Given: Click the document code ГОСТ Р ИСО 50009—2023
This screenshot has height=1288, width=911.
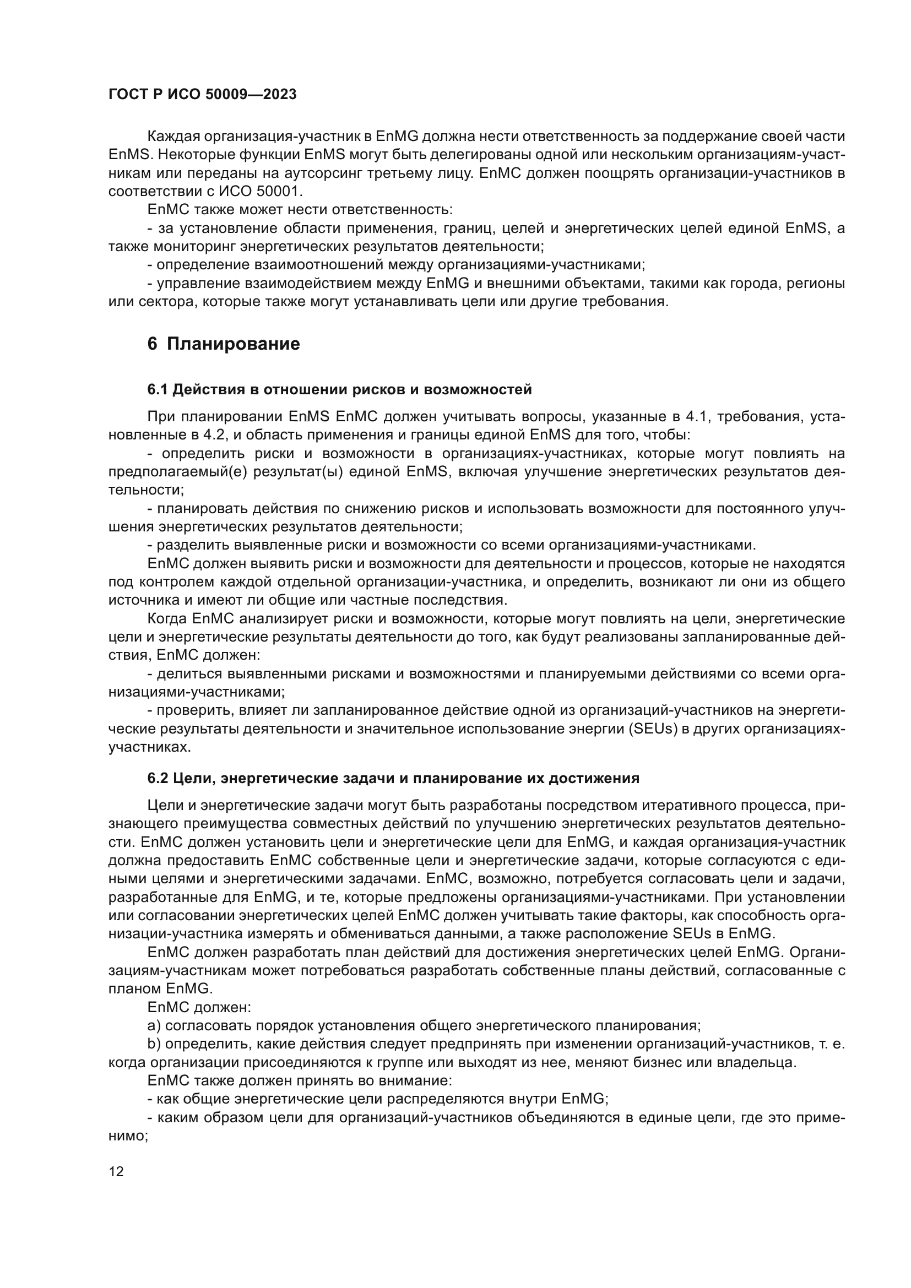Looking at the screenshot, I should [x=203, y=95].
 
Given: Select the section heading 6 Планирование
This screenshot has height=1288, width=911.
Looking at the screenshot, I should [x=224, y=344].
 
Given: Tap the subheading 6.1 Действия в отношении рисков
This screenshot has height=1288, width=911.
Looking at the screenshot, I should [x=339, y=389].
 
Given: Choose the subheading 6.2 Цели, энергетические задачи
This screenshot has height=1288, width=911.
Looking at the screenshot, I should [x=393, y=778].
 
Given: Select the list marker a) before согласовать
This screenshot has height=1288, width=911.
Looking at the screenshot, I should [x=154, y=1026].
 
